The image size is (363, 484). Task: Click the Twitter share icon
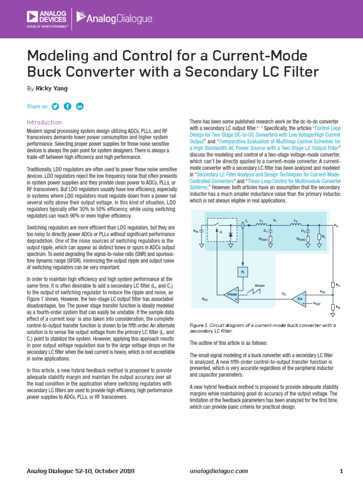point(55,106)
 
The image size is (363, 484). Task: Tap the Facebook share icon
point(68,106)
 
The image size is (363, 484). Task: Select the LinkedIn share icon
point(79,106)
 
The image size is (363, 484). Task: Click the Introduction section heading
point(44,122)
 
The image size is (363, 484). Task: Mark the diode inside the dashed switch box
point(230,234)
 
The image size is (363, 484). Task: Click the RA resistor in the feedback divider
point(333,285)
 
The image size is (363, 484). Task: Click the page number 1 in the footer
point(341,471)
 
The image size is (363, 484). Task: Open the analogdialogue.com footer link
point(218,471)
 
